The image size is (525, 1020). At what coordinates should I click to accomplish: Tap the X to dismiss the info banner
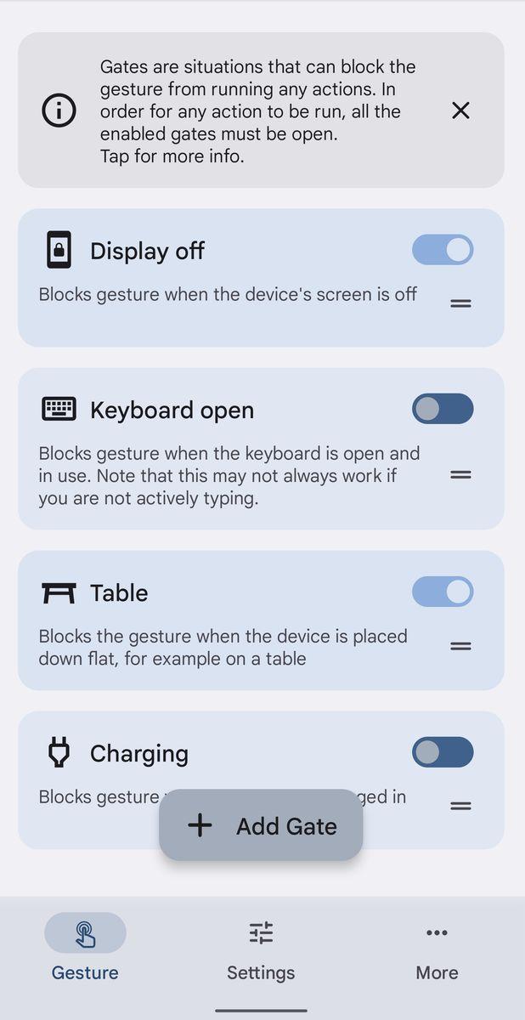460,110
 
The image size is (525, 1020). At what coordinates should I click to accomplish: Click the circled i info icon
59,110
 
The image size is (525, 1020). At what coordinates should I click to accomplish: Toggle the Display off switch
443,250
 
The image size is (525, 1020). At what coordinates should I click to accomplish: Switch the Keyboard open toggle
443,409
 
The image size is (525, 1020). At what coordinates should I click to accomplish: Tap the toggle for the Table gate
443,592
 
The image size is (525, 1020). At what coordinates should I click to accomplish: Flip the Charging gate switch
443,751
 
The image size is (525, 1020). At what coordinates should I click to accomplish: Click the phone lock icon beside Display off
59,250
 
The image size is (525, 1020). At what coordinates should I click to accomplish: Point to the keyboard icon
59,409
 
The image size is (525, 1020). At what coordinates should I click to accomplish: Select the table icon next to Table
59,593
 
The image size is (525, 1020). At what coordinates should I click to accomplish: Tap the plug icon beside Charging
59,751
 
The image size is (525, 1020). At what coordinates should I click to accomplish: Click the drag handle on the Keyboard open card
460,475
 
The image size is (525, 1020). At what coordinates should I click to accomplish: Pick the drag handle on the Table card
460,646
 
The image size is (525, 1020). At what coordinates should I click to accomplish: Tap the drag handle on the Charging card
460,806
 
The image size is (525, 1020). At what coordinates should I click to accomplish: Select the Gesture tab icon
85,933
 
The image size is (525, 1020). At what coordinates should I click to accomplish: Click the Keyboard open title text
172,411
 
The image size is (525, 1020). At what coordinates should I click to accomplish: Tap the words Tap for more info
172,156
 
